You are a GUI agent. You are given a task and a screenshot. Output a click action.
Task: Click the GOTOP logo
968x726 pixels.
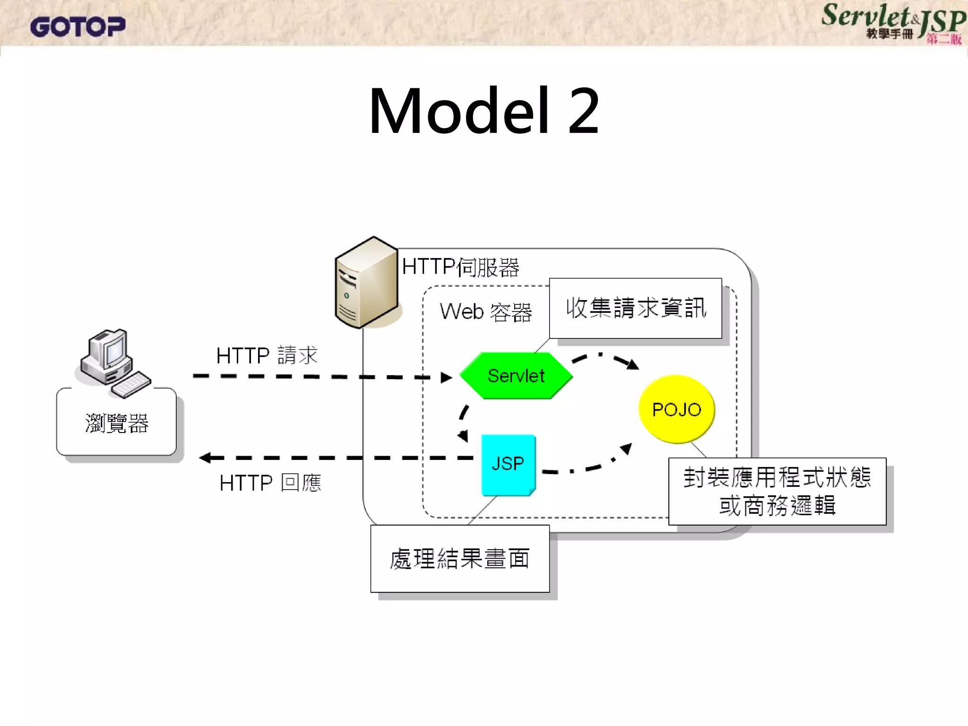(78, 26)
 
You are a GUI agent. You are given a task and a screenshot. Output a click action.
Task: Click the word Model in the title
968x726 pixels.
(458, 112)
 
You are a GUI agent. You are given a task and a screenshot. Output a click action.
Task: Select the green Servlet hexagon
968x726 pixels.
(516, 376)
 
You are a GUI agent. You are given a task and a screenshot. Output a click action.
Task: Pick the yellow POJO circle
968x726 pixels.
(676, 409)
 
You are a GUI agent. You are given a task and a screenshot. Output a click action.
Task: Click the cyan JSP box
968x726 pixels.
(508, 464)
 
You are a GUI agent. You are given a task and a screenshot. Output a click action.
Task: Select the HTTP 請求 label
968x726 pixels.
(267, 355)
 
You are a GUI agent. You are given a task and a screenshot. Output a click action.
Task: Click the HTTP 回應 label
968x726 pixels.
(270, 483)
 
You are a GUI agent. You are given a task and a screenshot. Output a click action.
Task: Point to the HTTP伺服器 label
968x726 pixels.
(460, 267)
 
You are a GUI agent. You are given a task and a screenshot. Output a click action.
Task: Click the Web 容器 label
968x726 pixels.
(485, 312)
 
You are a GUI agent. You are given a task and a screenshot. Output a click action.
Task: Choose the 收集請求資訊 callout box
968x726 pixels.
(635, 308)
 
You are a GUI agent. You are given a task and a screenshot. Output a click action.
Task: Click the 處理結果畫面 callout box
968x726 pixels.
(459, 559)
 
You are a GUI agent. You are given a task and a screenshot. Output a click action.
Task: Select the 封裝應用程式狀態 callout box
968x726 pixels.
(777, 491)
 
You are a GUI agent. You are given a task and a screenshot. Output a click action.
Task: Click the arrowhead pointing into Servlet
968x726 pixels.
(446, 378)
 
